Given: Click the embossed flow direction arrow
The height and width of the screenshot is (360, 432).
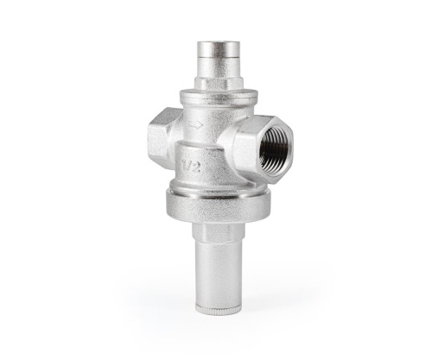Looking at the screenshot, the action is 196,125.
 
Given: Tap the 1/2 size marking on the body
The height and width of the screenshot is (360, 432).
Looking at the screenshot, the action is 191,166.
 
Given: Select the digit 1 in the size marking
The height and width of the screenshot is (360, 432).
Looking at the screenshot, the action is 183,165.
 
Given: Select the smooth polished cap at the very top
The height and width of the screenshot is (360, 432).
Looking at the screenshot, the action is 219,53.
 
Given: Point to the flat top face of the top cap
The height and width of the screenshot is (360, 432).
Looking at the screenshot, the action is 219,45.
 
